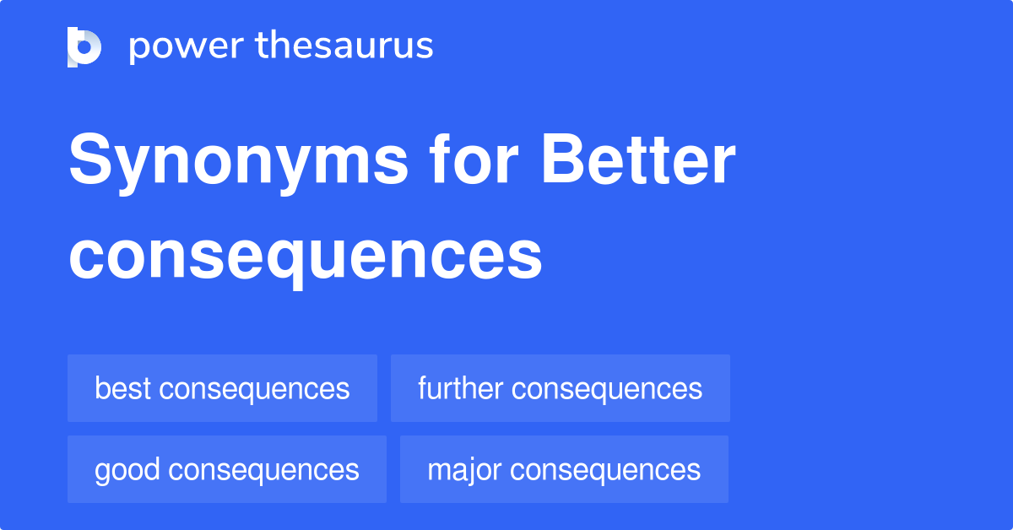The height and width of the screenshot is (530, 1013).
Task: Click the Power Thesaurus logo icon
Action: [84, 46]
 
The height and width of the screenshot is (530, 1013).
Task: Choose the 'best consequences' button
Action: [222, 388]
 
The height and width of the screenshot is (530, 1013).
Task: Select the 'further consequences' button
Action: [560, 388]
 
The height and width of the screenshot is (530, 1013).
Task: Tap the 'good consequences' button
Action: [226, 469]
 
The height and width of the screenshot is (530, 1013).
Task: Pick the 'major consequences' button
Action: [564, 469]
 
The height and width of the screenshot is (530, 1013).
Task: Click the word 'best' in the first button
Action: [122, 388]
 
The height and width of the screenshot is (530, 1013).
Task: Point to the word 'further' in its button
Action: [460, 388]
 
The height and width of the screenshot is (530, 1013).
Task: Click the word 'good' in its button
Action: [127, 470]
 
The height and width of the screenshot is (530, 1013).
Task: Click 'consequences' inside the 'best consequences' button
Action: [254, 389]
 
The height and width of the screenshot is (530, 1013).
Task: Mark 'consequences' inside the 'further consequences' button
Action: [607, 389]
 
